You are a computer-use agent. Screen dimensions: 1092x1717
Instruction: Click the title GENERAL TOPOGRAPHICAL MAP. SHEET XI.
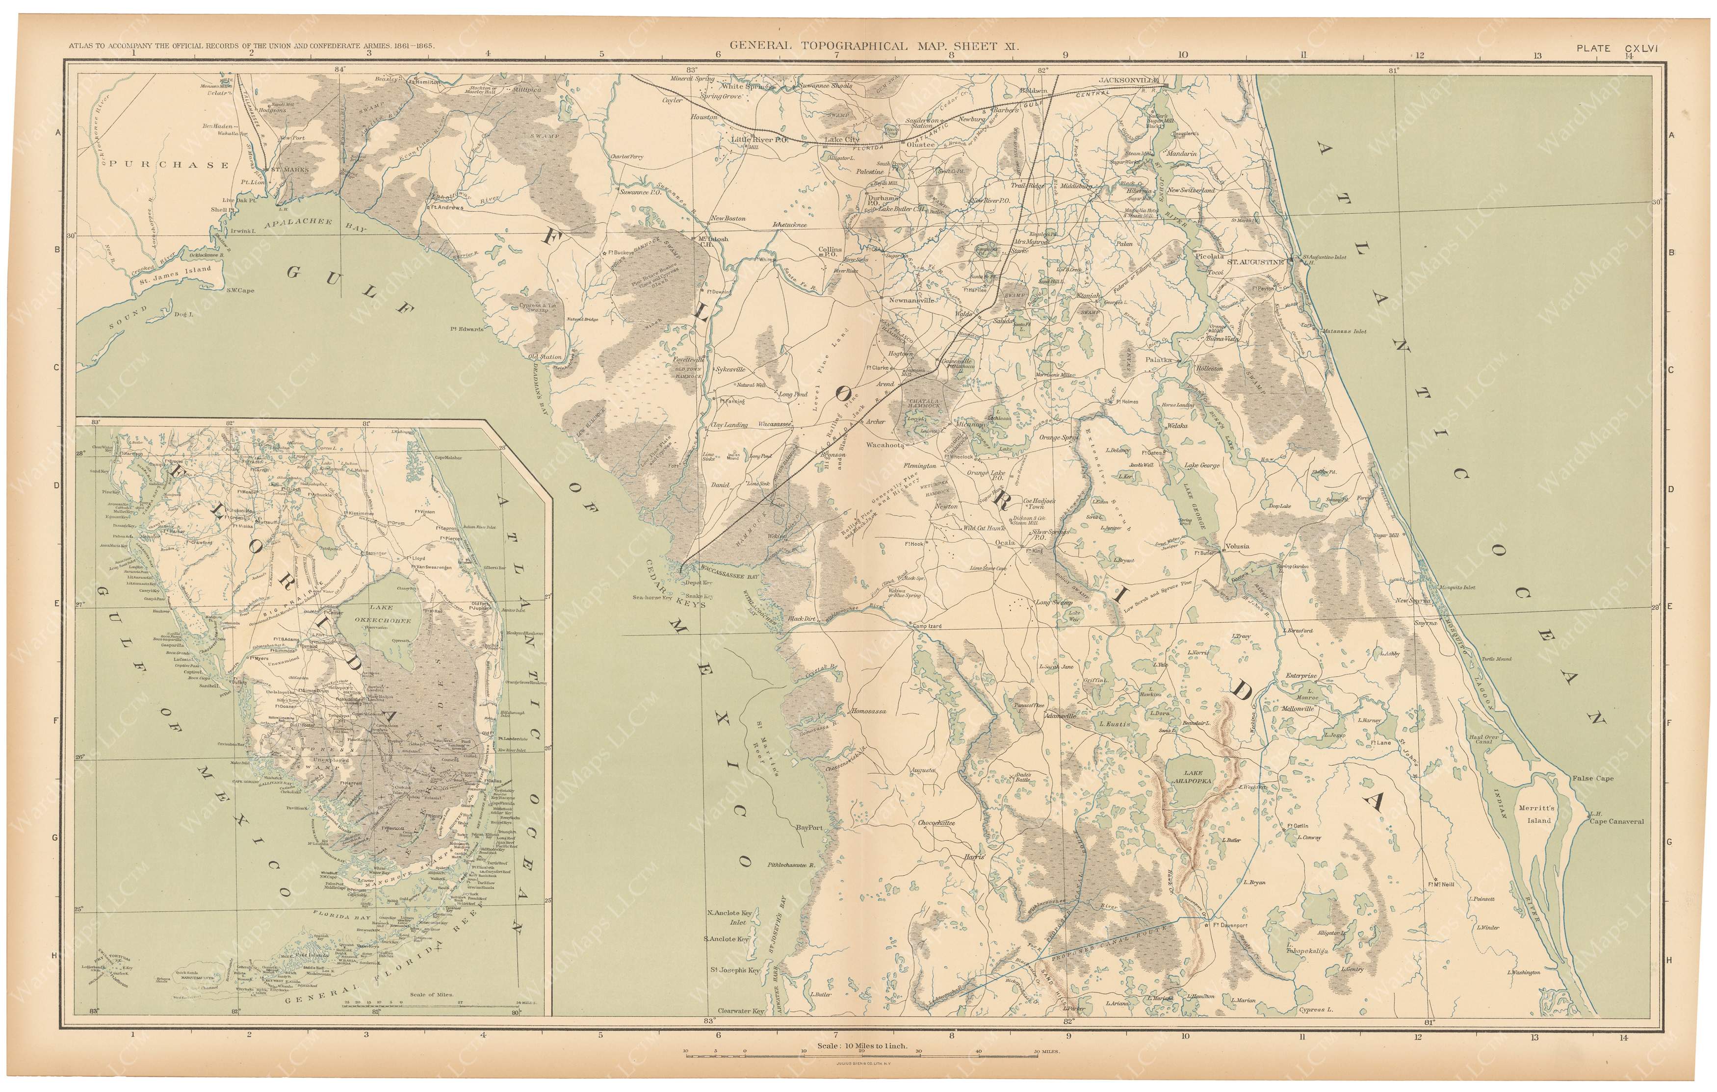point(874,46)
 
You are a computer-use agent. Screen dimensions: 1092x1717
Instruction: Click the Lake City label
point(842,140)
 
